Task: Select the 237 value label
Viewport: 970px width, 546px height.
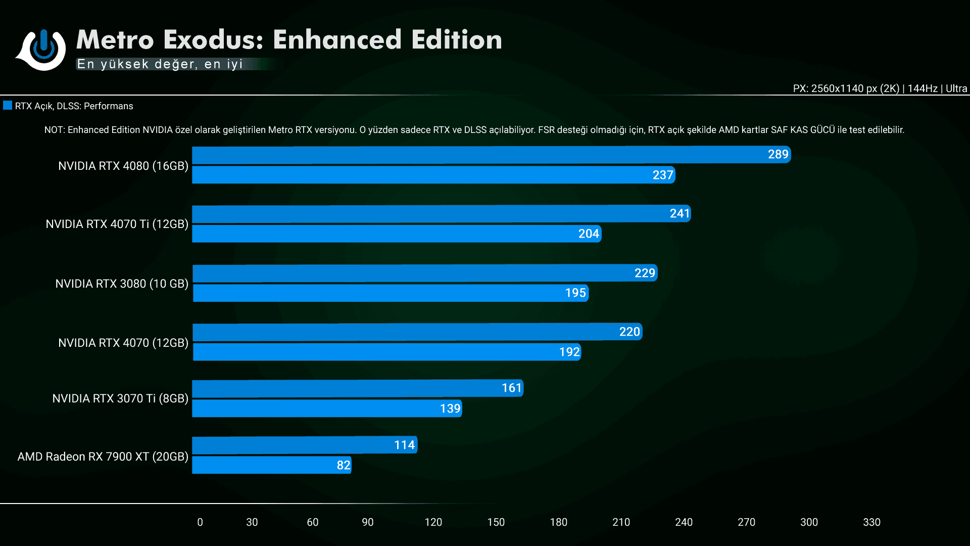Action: point(663,175)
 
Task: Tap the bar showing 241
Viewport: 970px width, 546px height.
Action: point(441,214)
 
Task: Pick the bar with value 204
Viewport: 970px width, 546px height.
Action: point(396,234)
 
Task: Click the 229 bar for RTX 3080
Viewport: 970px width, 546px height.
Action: point(424,273)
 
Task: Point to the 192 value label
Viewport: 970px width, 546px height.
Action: point(569,352)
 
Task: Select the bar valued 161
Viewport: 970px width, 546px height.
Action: point(357,388)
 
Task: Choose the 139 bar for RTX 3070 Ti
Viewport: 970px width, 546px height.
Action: point(326,408)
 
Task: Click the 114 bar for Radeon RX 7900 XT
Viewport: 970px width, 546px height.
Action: point(304,445)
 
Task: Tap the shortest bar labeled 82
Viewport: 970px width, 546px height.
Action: point(271,465)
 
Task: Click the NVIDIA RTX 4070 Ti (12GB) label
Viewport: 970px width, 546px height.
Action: point(117,224)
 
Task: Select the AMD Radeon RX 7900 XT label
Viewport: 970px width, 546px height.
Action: point(103,457)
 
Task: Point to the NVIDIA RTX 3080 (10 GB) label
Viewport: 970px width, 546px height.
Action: point(121,284)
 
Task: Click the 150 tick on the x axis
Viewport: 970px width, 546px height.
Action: point(496,522)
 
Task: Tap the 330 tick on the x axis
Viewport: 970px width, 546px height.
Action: point(871,522)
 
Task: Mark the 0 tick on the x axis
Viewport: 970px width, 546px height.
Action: point(200,522)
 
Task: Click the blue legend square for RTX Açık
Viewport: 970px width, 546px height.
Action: point(8,106)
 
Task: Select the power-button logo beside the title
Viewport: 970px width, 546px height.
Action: point(43,49)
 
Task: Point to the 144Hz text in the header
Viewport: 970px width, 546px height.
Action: point(922,88)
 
